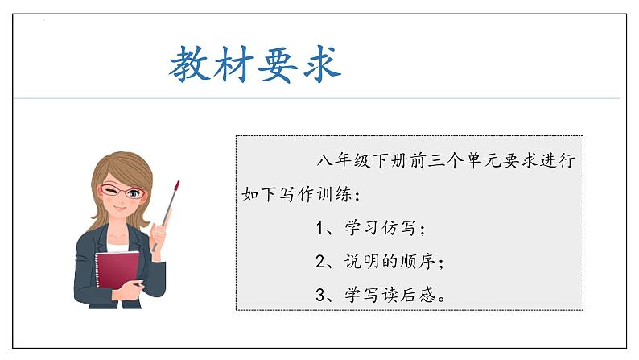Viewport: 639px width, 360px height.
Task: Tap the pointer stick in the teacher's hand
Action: tap(170, 205)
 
